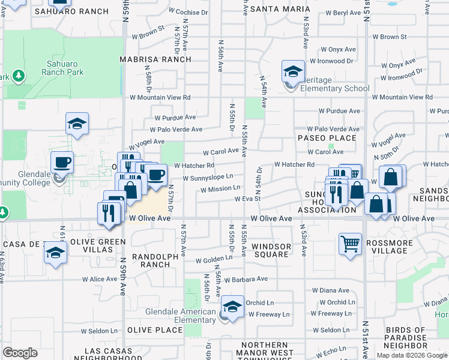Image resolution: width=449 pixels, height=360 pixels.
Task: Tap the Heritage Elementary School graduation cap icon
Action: (x=292, y=72)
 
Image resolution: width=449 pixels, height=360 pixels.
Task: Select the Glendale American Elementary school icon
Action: (x=232, y=306)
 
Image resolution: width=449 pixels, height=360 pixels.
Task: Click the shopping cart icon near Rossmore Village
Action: (x=350, y=243)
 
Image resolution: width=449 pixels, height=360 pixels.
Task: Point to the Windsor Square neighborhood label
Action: (x=271, y=250)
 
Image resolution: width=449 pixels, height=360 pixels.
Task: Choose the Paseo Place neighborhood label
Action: (x=327, y=138)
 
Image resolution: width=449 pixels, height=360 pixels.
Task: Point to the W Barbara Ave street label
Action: (x=247, y=279)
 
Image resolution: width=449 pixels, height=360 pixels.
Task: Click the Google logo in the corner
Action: (x=20, y=353)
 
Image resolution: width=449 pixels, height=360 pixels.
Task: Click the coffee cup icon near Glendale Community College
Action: (x=62, y=162)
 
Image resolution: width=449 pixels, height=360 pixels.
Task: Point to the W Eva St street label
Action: (x=247, y=199)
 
